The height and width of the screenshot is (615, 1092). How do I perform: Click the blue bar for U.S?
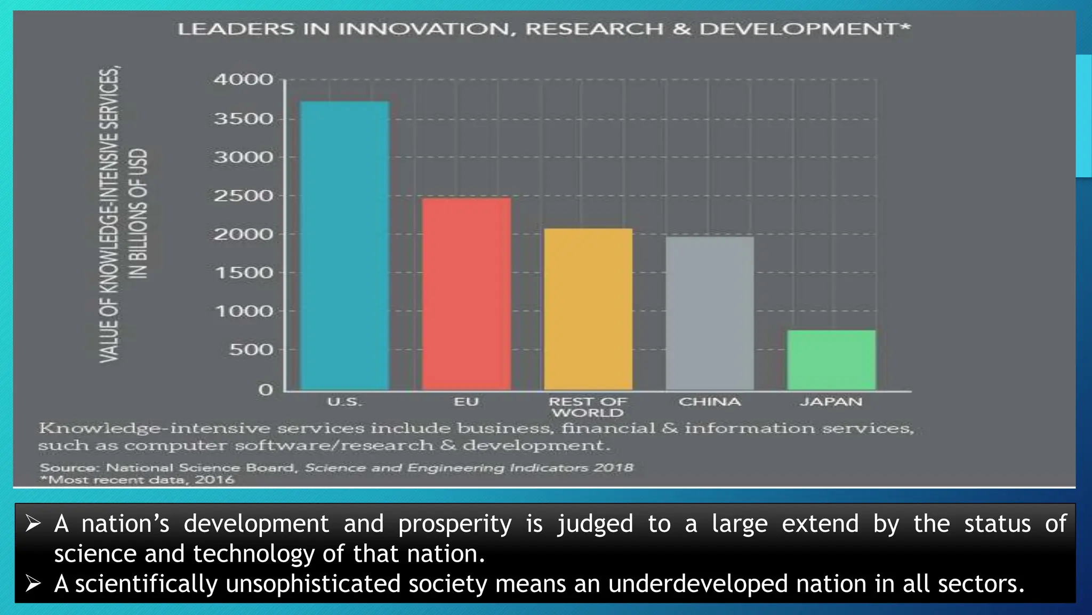(x=344, y=246)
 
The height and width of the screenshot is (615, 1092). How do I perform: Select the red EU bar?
(x=467, y=294)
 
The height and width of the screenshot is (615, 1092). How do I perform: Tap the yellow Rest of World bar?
(x=588, y=309)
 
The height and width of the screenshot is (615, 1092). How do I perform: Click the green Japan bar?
(x=831, y=360)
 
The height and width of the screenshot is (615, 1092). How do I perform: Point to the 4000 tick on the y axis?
(x=243, y=80)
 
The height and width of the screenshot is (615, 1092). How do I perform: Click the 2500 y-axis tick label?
(x=243, y=196)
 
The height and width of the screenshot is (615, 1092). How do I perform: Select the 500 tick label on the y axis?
(x=251, y=350)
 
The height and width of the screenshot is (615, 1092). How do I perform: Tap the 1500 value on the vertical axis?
(x=243, y=273)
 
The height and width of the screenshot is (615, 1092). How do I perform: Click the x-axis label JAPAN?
(x=831, y=402)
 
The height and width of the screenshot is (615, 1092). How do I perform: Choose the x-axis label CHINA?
(x=710, y=402)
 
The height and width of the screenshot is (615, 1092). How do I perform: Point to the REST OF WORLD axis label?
(x=588, y=407)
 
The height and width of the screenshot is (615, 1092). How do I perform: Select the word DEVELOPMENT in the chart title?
(x=799, y=29)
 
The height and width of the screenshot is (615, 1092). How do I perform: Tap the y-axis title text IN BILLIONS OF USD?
(x=139, y=214)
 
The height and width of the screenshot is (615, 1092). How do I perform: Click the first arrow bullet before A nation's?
(x=33, y=524)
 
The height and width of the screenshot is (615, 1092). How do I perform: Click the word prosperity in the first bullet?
(x=455, y=524)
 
